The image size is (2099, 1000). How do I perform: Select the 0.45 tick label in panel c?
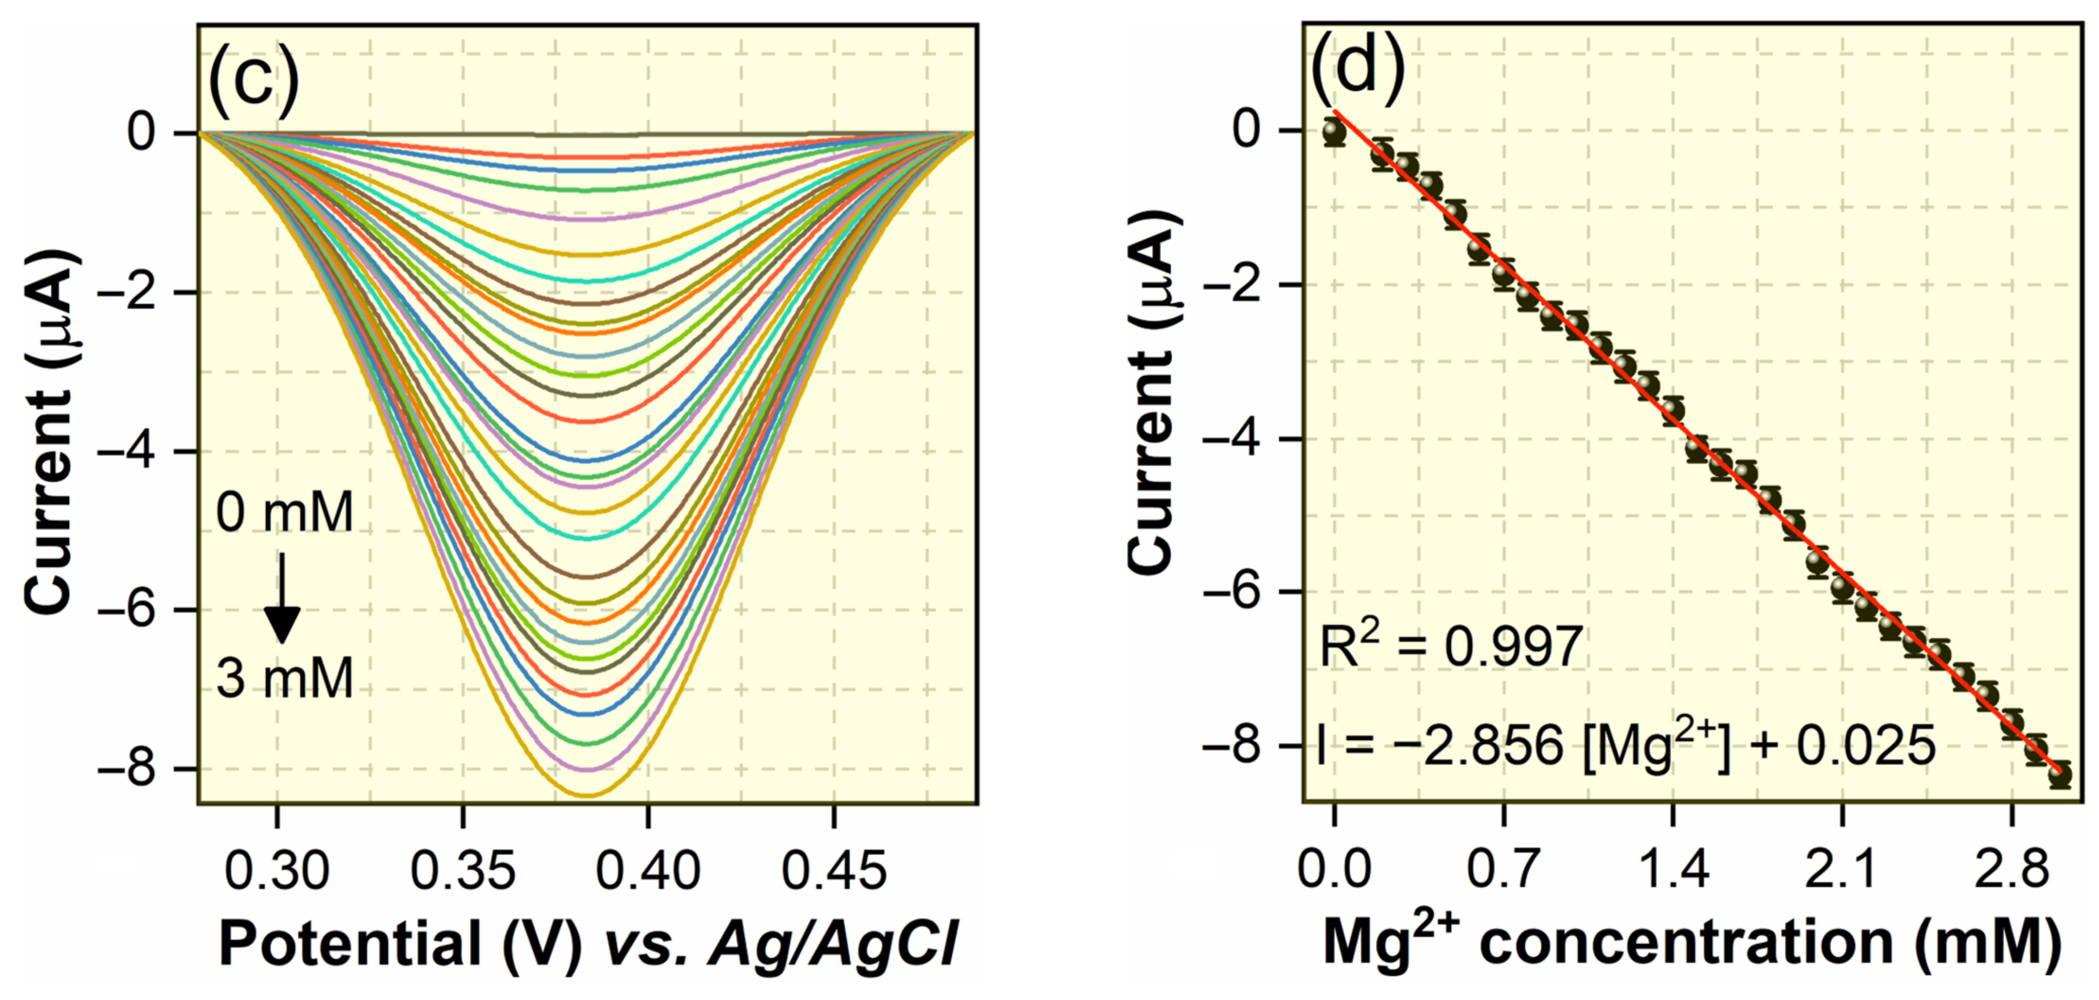coord(833,870)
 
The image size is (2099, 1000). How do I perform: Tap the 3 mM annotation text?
coord(284,678)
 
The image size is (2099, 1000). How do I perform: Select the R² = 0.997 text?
coord(1451,648)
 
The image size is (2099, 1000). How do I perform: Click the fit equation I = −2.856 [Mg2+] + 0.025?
coord(1626,745)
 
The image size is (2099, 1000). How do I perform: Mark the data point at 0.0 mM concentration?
coord(1334,131)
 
